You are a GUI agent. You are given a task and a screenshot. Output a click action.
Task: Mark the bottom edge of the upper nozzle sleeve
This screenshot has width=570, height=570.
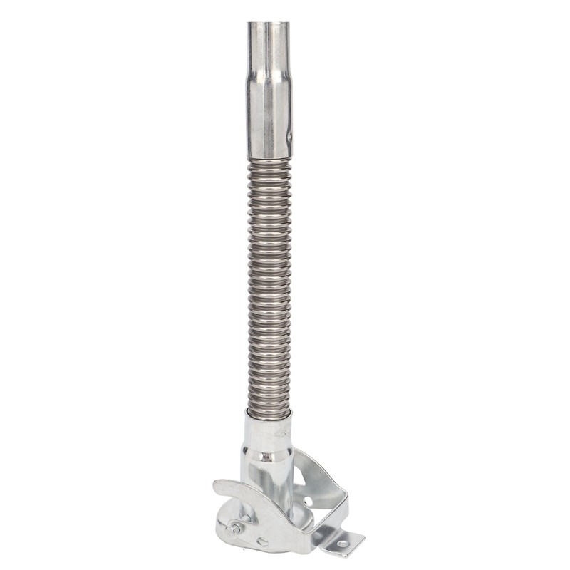[269, 157]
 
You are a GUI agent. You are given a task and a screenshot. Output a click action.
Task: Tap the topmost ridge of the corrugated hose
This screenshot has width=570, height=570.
[269, 163]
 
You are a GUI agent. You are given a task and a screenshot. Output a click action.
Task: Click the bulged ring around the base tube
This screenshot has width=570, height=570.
[268, 454]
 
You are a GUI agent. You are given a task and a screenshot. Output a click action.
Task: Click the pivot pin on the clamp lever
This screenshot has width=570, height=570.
[234, 529]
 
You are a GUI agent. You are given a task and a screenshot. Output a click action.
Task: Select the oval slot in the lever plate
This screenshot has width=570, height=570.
[262, 541]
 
